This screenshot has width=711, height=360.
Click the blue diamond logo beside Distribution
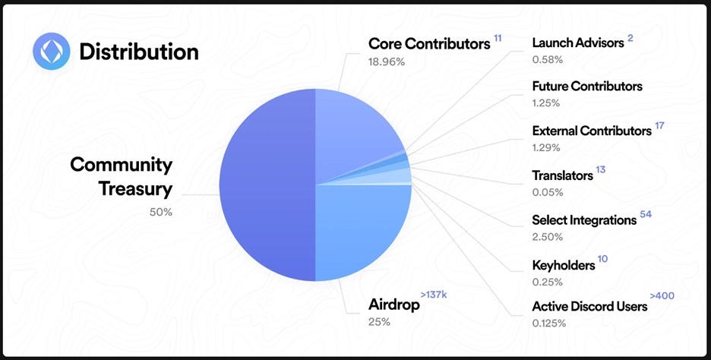(x=51, y=51)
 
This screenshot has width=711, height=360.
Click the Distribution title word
(x=139, y=52)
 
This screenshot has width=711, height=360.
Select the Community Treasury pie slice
(x=267, y=185)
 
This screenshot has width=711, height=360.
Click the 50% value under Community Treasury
(x=161, y=212)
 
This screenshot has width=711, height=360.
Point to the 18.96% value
(x=387, y=62)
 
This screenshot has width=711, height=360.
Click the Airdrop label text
(x=394, y=305)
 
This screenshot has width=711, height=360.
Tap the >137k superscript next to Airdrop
(x=434, y=295)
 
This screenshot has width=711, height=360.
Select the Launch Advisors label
(x=578, y=43)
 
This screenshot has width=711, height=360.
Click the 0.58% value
(x=548, y=59)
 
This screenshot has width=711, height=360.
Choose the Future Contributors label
(x=587, y=86)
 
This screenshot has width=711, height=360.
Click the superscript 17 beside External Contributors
(x=659, y=125)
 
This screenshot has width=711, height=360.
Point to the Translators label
(x=562, y=175)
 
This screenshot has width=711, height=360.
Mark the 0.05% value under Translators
(x=548, y=192)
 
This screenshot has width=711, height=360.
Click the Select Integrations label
(x=584, y=220)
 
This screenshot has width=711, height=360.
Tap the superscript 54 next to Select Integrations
(x=646, y=214)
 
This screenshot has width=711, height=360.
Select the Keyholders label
(x=563, y=265)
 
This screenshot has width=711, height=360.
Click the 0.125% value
(x=549, y=324)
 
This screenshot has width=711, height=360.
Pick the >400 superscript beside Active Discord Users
(x=662, y=296)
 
